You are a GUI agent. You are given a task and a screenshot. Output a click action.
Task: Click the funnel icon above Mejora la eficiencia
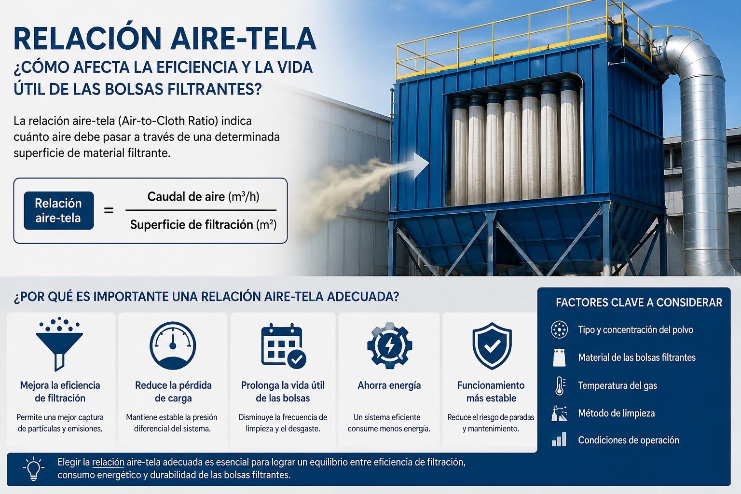[59, 344]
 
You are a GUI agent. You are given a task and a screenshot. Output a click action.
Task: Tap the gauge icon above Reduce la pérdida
[173, 346]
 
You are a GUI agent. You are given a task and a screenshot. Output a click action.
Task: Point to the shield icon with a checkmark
[492, 346]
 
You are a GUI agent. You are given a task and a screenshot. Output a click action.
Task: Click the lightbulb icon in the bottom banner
[33, 468]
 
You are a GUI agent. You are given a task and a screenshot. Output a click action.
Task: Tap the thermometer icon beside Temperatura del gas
[560, 386]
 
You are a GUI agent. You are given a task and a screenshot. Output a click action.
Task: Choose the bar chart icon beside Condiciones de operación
[559, 439]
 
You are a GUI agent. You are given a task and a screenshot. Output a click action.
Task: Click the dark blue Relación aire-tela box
[59, 210]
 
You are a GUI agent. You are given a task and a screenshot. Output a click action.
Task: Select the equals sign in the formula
[109, 210]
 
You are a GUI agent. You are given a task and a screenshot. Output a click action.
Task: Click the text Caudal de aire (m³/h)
[203, 196]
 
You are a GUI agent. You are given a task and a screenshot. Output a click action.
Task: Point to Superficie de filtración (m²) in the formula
[203, 225]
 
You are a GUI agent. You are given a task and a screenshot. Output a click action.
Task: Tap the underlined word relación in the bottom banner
[108, 462]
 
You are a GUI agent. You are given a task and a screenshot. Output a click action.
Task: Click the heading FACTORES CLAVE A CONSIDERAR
[639, 302]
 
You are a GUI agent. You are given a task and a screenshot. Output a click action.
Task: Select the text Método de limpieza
[616, 413]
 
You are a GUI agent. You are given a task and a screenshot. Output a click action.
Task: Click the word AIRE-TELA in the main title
[244, 39]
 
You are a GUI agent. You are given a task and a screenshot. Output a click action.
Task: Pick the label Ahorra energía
[389, 385]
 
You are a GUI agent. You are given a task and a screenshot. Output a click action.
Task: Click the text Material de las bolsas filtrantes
[637, 357]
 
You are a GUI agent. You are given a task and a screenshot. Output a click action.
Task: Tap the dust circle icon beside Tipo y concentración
[560, 329]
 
